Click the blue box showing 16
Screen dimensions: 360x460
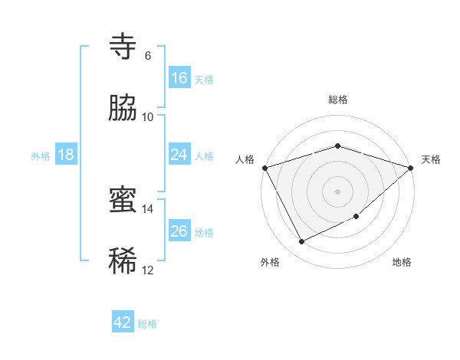click(x=179, y=78)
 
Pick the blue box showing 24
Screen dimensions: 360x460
click(x=179, y=155)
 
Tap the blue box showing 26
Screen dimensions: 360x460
click(x=179, y=231)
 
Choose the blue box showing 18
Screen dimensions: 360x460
click(x=66, y=155)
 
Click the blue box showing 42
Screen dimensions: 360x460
click(x=123, y=322)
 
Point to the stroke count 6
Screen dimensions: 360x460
click(x=148, y=56)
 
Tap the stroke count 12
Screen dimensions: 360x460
click(x=148, y=270)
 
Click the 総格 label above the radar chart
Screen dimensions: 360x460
click(x=338, y=100)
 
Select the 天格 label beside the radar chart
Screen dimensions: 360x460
click(x=431, y=159)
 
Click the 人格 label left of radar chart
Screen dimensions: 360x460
click(x=245, y=159)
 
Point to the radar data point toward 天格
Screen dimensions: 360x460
click(x=412, y=167)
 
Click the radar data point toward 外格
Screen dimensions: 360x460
click(x=301, y=242)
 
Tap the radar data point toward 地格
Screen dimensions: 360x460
click(x=357, y=217)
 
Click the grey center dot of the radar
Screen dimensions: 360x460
click(x=338, y=191)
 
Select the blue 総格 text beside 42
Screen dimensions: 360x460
click(x=147, y=324)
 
